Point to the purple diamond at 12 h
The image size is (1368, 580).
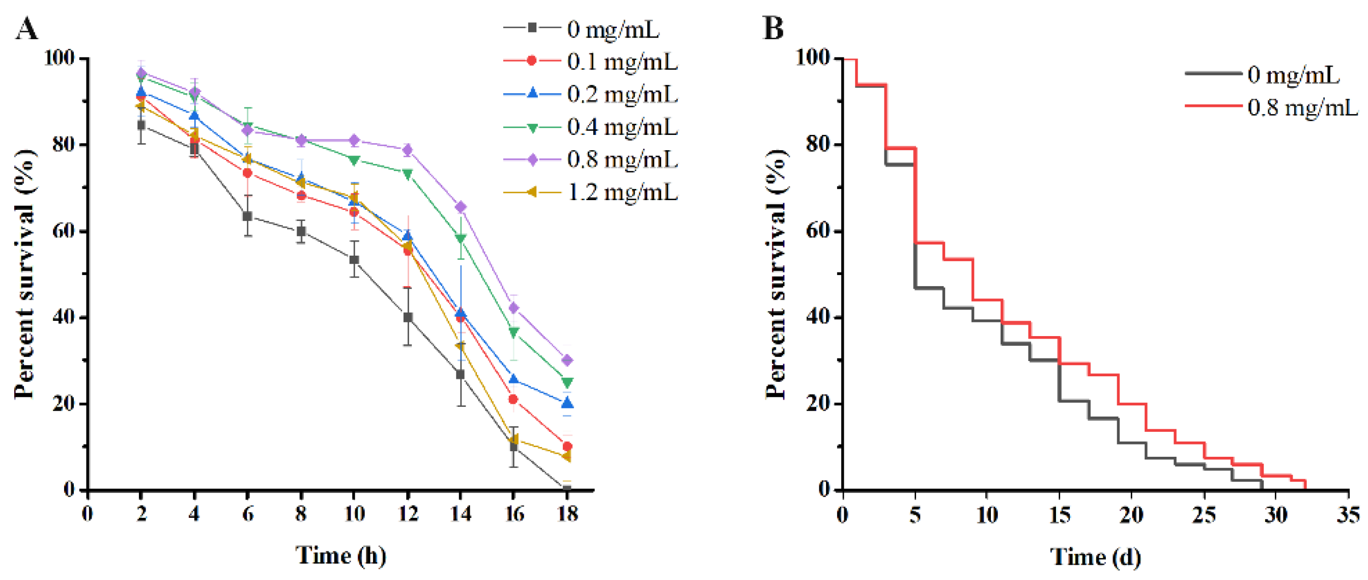click(407, 150)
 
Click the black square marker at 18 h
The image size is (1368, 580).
click(566, 489)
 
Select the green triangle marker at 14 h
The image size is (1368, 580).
click(461, 238)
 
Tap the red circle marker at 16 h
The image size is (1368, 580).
click(513, 399)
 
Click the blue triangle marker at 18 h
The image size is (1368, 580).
click(566, 403)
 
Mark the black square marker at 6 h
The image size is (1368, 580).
click(247, 216)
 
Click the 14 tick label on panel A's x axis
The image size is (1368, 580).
click(461, 514)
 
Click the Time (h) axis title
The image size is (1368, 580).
click(340, 555)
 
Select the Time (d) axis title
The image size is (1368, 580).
click(1095, 556)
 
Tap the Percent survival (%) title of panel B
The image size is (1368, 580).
click(777, 273)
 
